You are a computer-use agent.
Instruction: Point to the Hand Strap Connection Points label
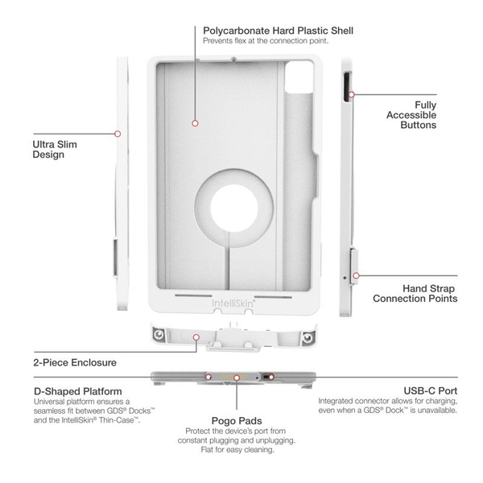click(419, 292)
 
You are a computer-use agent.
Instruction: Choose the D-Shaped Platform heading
click(77, 390)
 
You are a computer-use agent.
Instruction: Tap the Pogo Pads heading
click(237, 420)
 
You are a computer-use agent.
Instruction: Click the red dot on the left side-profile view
click(118, 134)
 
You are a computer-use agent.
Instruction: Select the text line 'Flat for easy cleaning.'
click(237, 450)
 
